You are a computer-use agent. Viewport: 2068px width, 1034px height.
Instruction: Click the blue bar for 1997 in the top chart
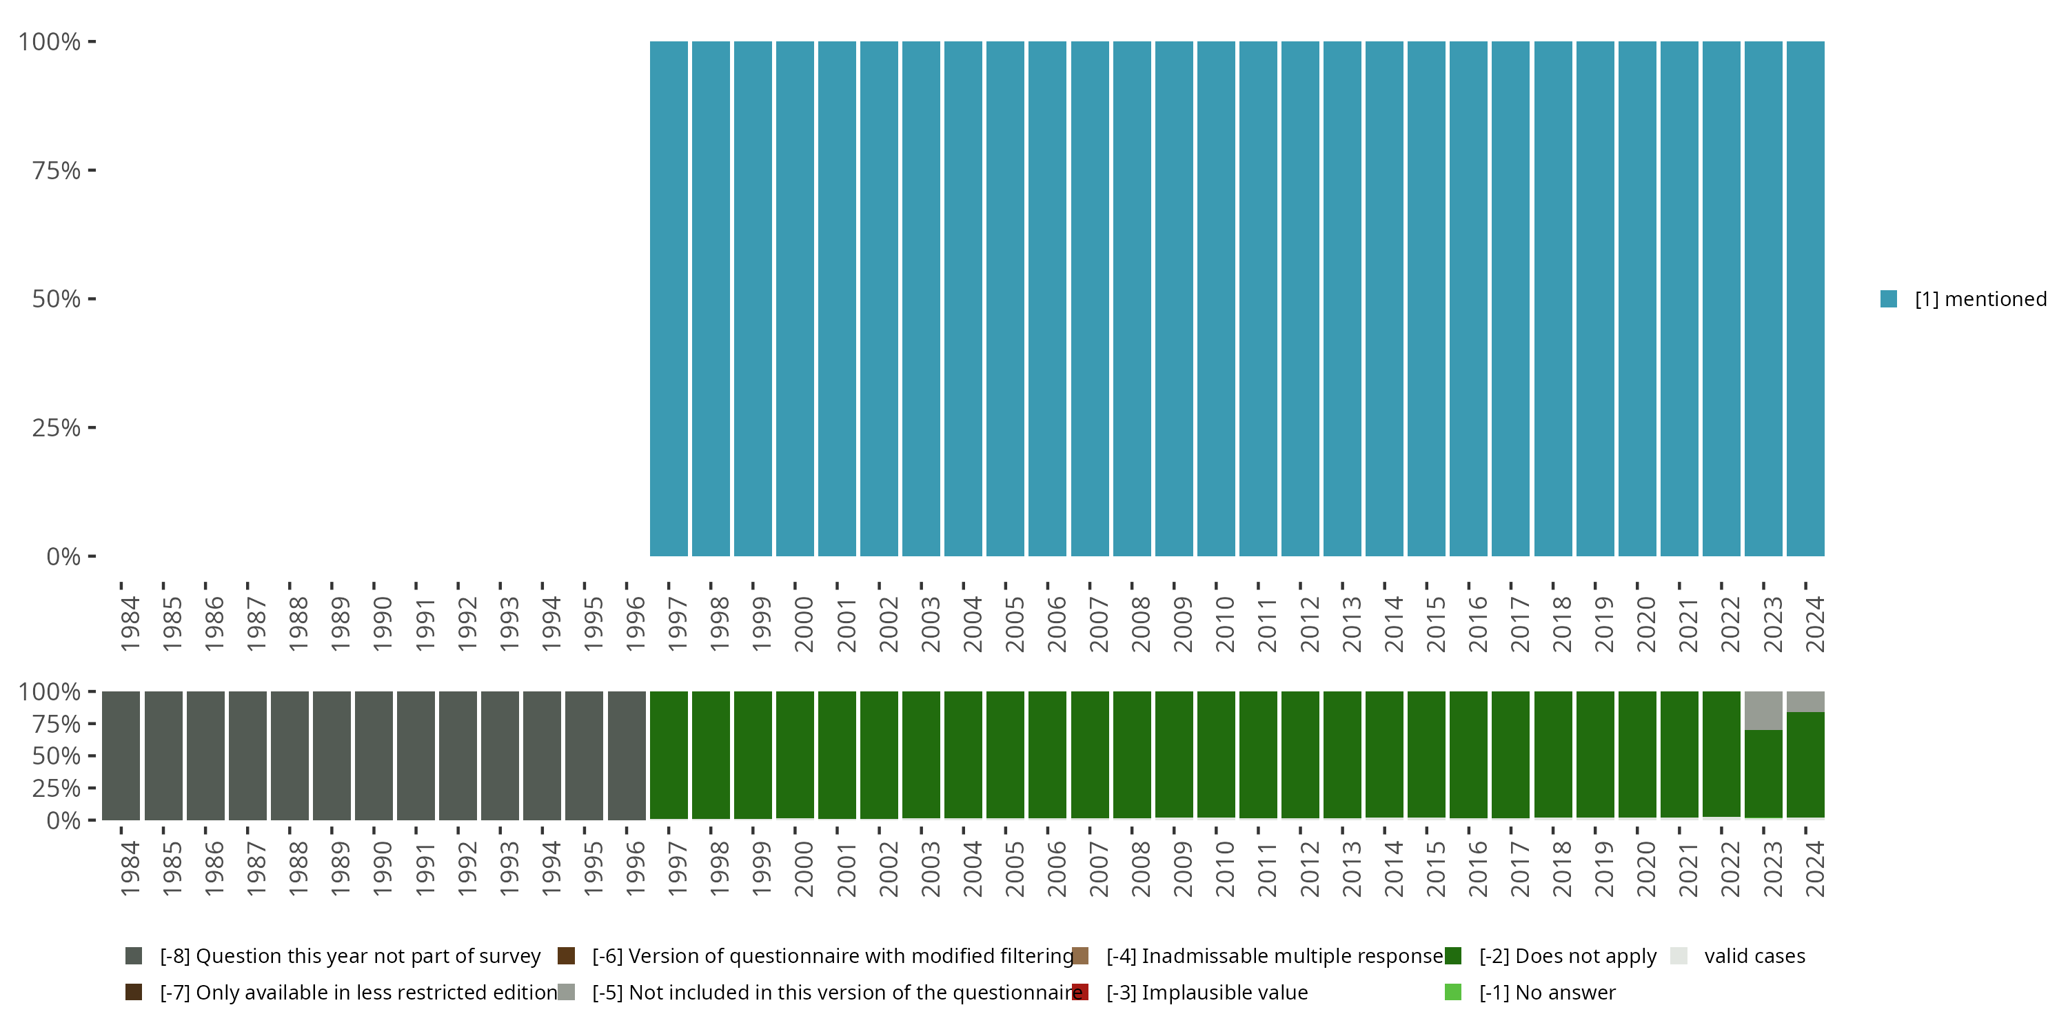(669, 298)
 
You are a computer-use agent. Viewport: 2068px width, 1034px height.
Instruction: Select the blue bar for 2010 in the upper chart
(1216, 298)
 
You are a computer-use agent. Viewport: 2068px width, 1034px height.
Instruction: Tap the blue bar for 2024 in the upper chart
(1805, 298)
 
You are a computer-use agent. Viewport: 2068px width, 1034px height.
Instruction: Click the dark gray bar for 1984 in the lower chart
(121, 756)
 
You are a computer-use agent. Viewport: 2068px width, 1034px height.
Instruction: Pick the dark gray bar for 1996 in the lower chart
(626, 756)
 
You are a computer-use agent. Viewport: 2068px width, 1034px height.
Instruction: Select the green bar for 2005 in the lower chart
(1005, 756)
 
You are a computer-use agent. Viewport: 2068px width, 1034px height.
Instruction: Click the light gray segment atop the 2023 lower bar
(1764, 711)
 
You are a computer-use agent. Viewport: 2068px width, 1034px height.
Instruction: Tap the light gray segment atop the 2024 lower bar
(1805, 702)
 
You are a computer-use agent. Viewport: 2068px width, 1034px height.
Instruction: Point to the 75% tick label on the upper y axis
(57, 170)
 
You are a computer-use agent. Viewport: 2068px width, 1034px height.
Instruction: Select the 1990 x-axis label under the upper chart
(382, 624)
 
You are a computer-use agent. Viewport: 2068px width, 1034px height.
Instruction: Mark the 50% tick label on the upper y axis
(57, 299)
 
